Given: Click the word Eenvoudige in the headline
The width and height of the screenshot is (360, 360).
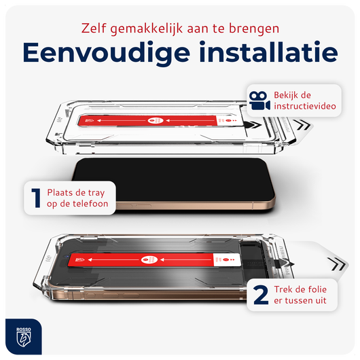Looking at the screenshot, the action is coord(106,53).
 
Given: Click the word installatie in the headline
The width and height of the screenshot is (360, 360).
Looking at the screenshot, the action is coord(268,52).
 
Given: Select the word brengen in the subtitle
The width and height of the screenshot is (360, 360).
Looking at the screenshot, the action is coord(254,29).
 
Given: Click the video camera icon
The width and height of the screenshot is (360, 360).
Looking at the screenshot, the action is coord(259,101).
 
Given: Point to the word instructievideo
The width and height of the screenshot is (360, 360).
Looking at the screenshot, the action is coord(305,106).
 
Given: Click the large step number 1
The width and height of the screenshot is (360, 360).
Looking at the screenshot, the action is coord(36,198).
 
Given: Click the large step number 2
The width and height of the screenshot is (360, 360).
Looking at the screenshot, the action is coord(261,295).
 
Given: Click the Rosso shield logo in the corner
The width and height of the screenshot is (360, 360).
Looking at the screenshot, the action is coord(23,337).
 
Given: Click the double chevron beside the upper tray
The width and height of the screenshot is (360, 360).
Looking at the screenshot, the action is coord(302,125).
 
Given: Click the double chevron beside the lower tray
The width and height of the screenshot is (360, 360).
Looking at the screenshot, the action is coord(337,264).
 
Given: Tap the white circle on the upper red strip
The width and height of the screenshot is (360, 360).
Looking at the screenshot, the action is coord(152,120).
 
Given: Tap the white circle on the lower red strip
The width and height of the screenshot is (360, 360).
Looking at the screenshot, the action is coord(146,259).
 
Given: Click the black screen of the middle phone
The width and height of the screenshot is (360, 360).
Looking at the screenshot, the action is coord(174,179).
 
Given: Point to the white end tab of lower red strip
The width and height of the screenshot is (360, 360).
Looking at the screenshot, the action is coord(227,260).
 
